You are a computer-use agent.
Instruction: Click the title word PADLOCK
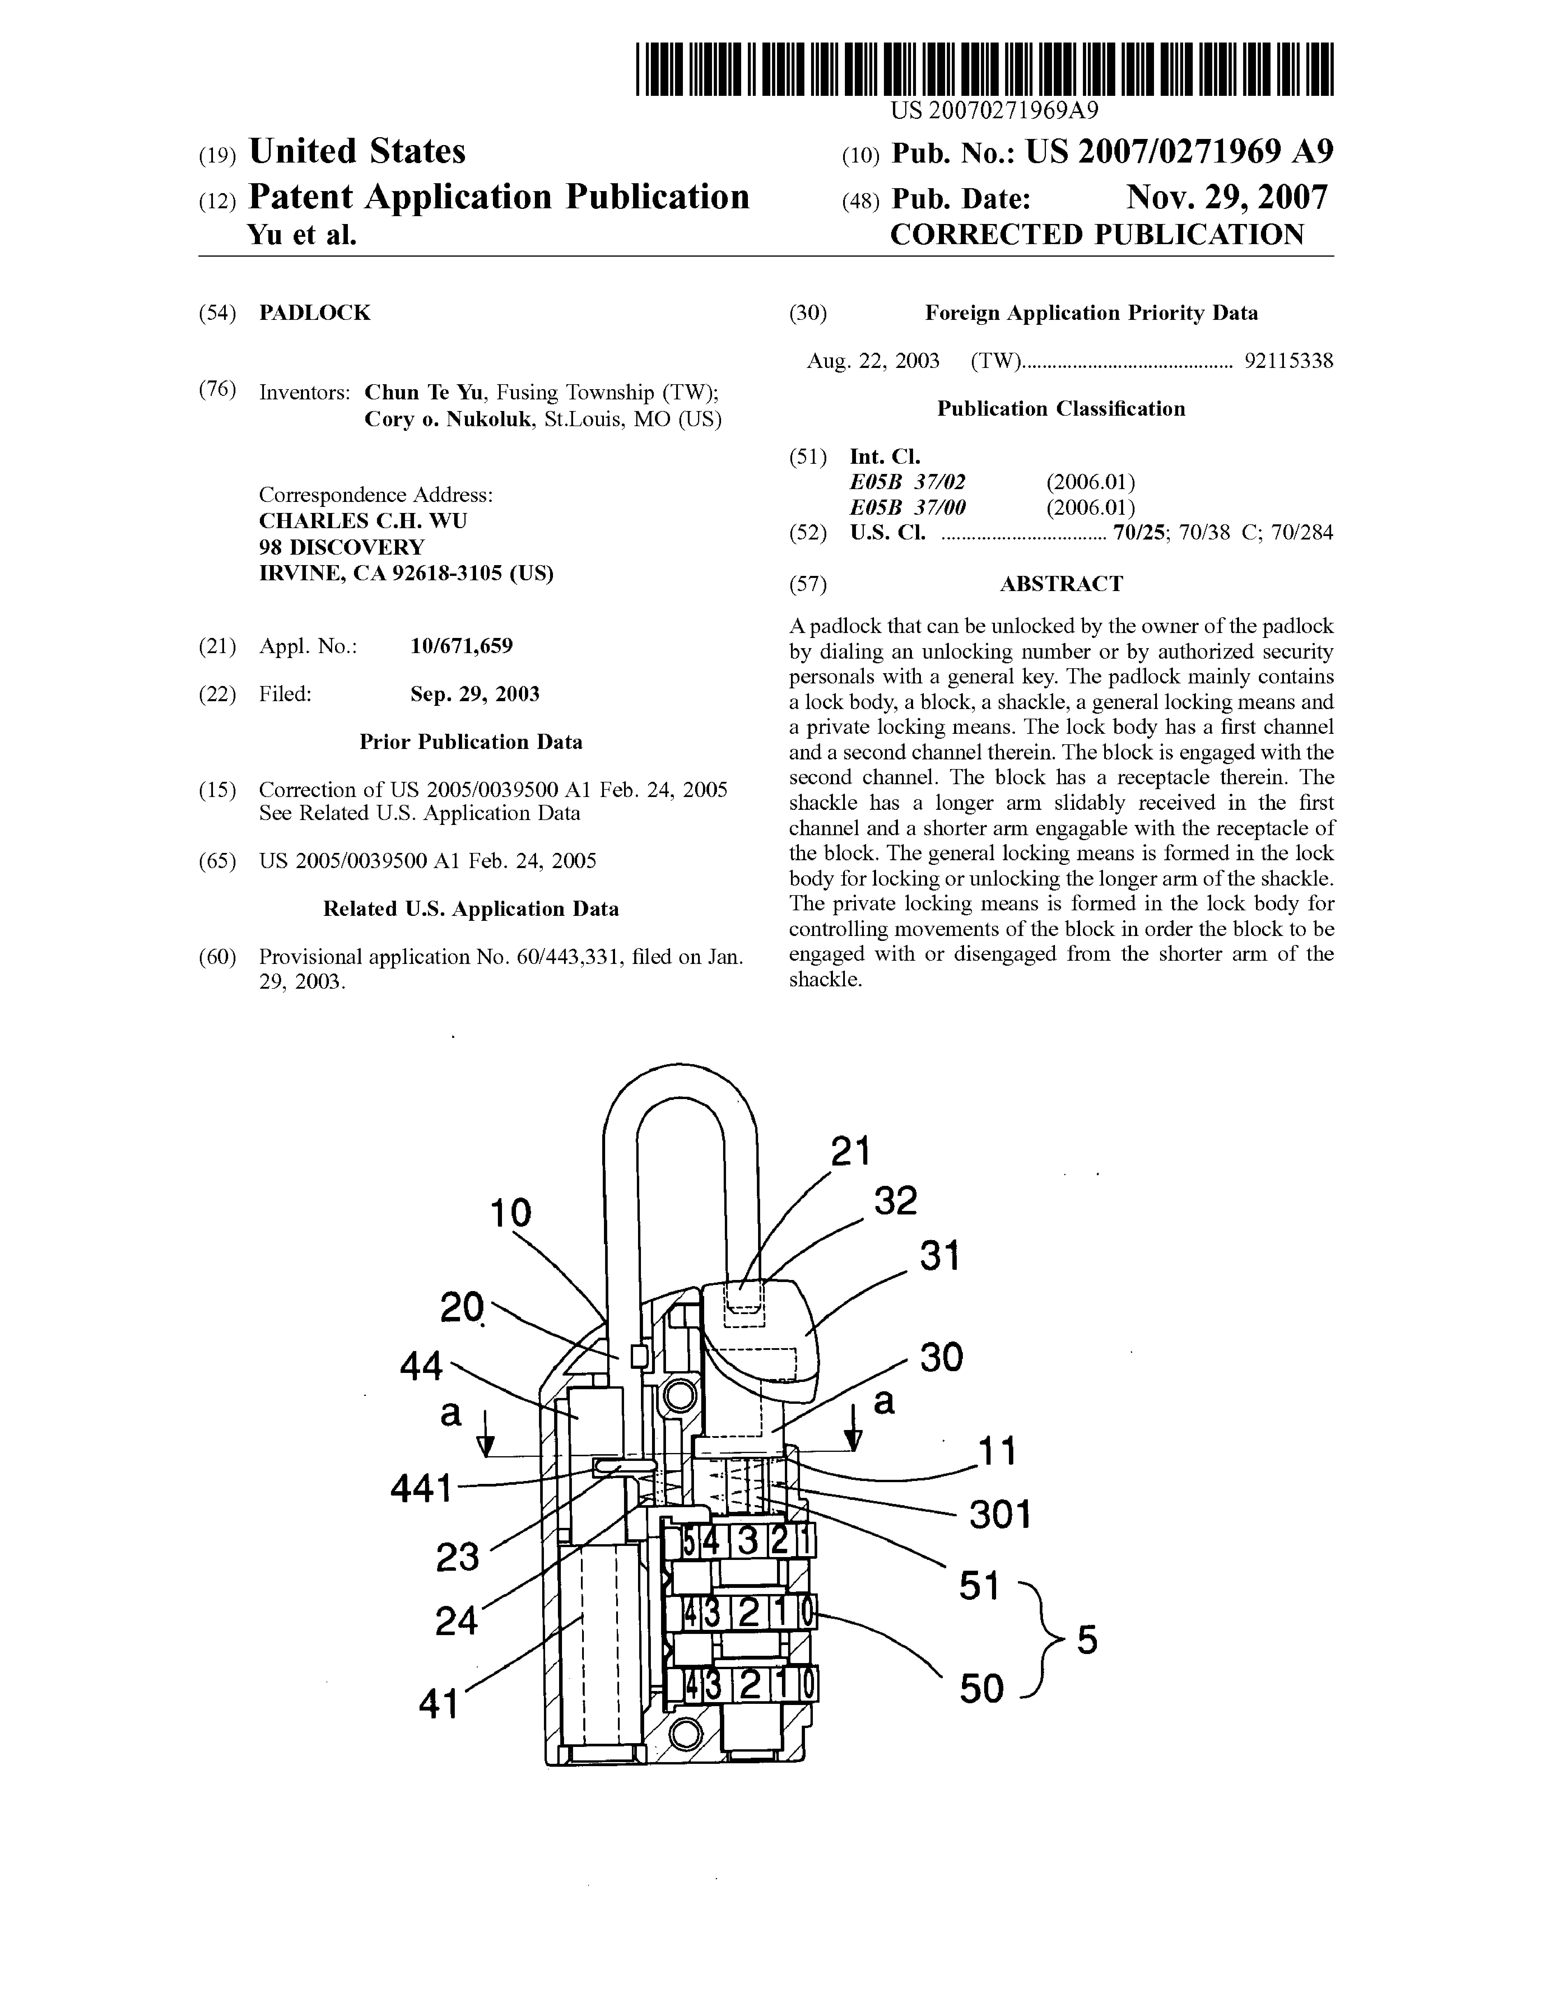click(315, 313)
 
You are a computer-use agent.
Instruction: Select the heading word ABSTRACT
click(1060, 584)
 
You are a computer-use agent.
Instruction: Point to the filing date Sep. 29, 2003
click(474, 694)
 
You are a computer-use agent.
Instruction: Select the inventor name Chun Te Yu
click(424, 392)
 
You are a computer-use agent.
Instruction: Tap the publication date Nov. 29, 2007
click(1227, 197)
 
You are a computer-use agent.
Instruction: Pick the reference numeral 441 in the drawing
click(422, 1489)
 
